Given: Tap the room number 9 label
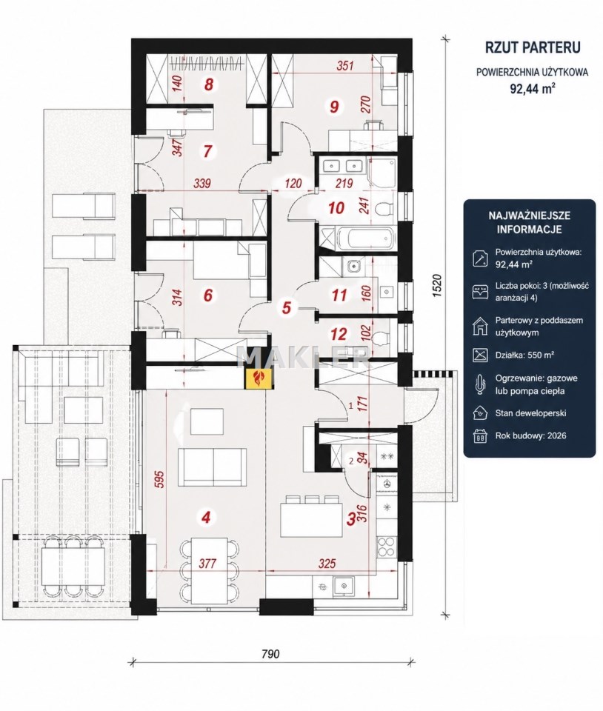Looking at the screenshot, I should tap(335, 107).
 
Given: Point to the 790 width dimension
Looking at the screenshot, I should tap(271, 654).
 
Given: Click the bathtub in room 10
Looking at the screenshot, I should tap(359, 240).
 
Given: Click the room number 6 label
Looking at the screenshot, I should tap(207, 295).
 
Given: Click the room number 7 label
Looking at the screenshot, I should tap(207, 152).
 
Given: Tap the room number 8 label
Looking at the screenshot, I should tap(209, 84).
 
